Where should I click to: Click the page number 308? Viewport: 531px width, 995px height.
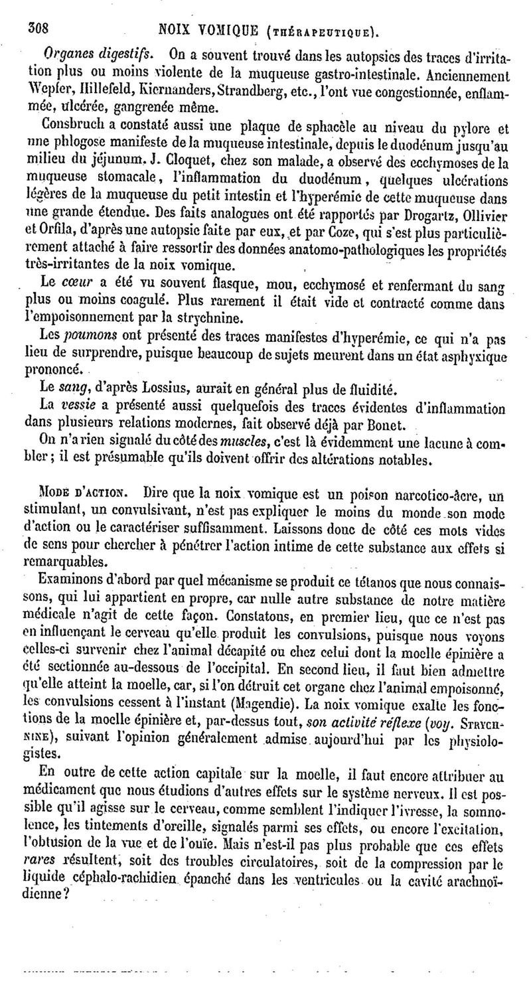click(x=38, y=29)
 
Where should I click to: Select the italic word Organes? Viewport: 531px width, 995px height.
click(x=64, y=53)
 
